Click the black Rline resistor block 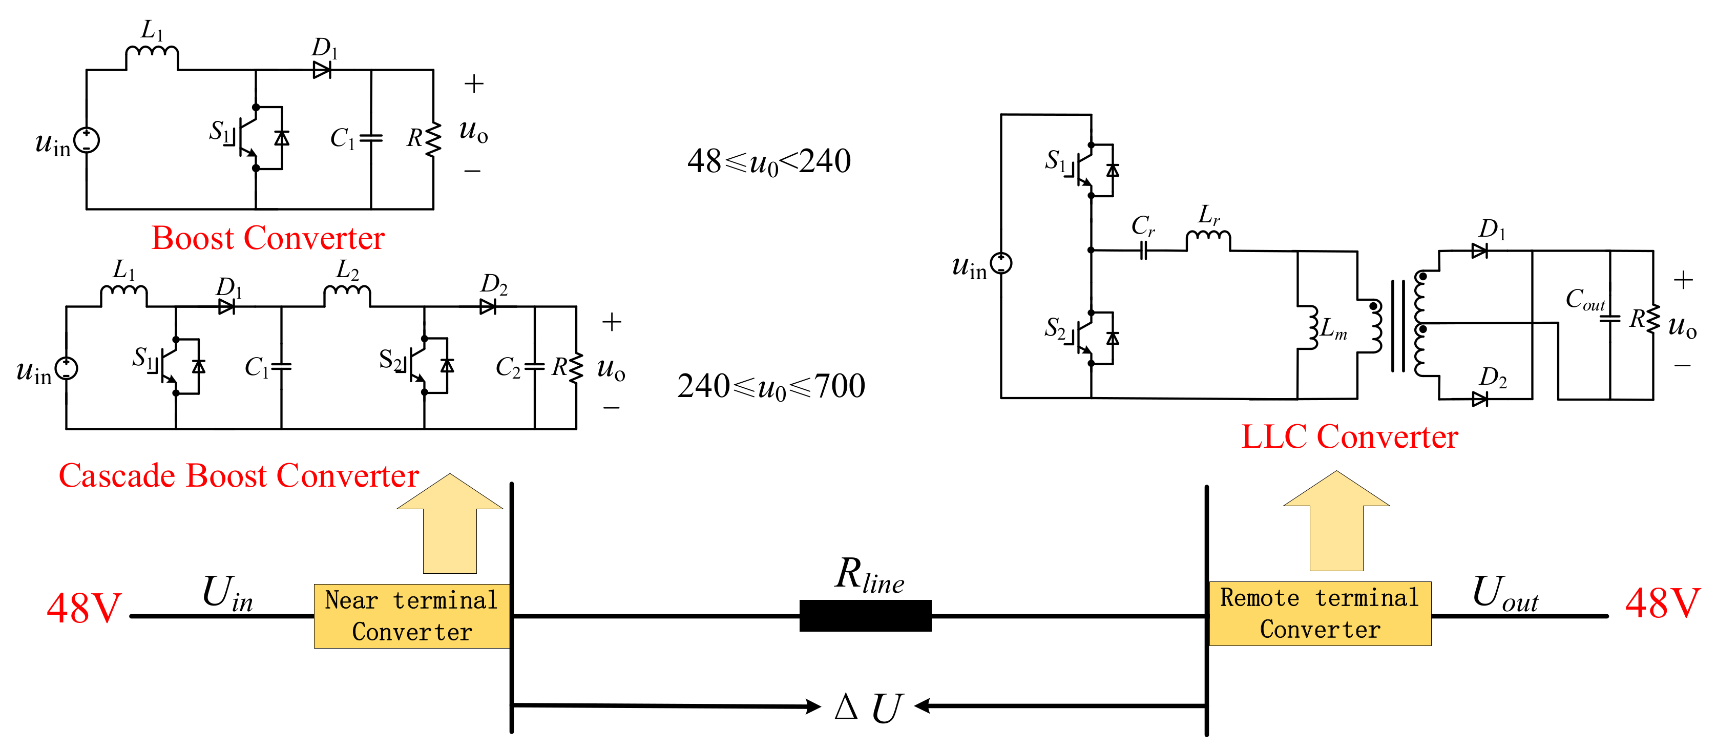[865, 615]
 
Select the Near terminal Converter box [412, 616]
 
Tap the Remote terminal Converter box [1320, 613]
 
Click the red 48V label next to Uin [84, 608]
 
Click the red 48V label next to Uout [1662, 603]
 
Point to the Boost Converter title [268, 238]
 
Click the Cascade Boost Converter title [239, 476]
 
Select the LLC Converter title [1349, 436]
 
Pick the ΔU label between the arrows [869, 707]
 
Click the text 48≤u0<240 [768, 162]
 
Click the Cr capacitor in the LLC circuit [1143, 250]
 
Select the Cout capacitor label [1584, 299]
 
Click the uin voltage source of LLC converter [1001, 263]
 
